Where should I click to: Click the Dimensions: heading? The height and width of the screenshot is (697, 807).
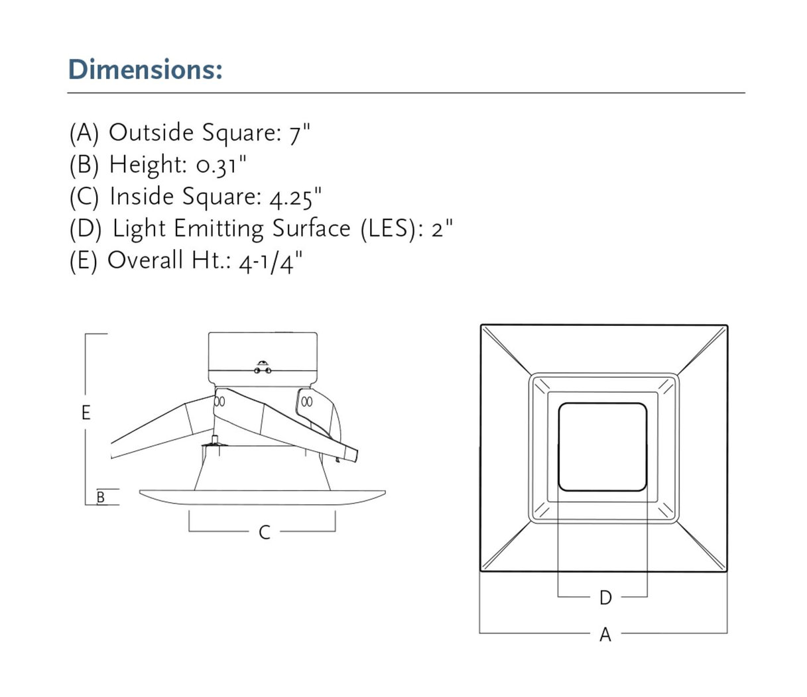(145, 70)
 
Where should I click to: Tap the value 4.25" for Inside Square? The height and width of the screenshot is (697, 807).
(296, 197)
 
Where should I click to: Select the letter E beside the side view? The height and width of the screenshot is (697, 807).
(86, 413)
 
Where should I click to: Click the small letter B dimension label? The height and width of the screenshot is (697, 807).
(101, 497)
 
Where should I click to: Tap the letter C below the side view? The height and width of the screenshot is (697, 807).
(264, 532)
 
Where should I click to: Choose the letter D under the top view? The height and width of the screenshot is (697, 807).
(605, 598)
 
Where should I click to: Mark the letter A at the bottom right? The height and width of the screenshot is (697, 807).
(605, 635)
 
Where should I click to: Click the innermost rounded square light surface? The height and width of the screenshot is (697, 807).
(603, 447)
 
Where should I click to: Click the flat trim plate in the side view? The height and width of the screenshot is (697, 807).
(263, 498)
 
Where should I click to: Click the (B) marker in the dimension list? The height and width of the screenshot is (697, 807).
(84, 165)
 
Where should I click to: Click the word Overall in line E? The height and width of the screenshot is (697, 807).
(145, 261)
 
